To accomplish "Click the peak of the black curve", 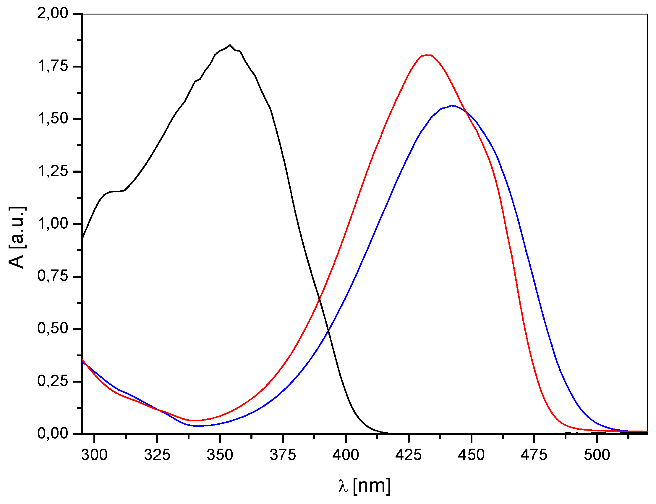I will (230, 45).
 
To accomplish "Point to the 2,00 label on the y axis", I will (53, 14).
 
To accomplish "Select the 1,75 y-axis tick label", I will (53, 66).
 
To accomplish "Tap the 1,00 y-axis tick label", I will (53, 224).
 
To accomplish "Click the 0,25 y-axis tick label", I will (53, 381).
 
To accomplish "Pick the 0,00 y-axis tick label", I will (53, 434).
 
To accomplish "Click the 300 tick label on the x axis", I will (94, 455).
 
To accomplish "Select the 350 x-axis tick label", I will (220, 455).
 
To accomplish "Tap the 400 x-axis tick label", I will (345, 455).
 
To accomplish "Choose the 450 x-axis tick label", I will (471, 455).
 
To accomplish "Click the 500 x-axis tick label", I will (597, 455).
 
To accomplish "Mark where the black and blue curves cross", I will (328, 331).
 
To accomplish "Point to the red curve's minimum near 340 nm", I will (194, 420).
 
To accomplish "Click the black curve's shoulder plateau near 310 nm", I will (115, 191).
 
